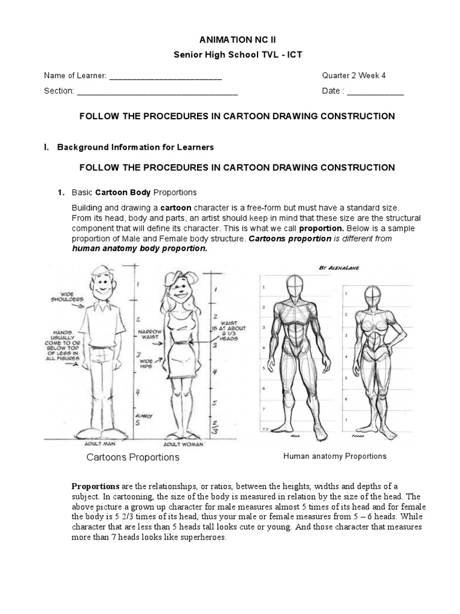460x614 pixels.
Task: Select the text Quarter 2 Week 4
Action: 354,76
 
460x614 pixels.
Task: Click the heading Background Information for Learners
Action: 135,147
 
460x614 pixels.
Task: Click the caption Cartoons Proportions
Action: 133,458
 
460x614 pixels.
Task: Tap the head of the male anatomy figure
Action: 293,288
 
